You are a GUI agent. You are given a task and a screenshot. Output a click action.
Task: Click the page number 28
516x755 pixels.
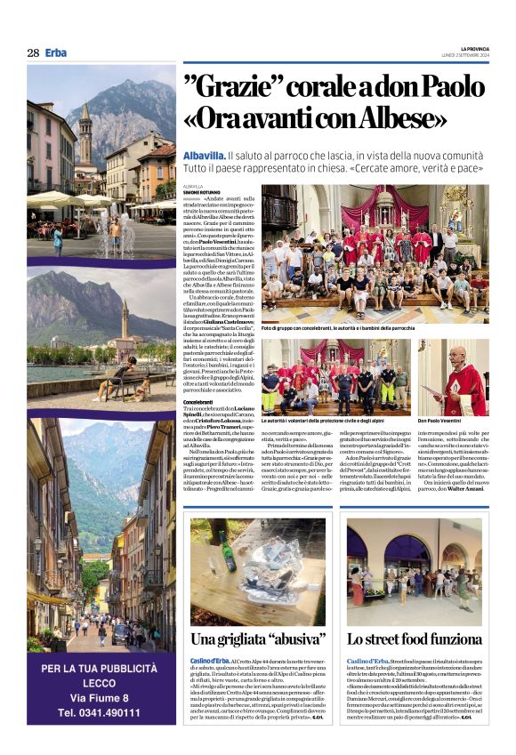[32, 52]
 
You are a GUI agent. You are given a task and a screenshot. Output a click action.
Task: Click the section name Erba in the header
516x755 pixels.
[56, 52]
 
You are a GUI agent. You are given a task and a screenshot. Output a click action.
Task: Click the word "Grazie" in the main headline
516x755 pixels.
[246, 89]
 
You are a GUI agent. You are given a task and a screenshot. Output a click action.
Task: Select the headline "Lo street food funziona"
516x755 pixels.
[414, 639]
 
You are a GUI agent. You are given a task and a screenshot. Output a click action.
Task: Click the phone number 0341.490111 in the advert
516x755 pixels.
[100, 712]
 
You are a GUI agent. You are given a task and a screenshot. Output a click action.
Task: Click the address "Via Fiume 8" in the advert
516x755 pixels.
[99, 696]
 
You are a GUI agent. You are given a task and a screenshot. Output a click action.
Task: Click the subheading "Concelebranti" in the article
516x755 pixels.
[198, 402]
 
